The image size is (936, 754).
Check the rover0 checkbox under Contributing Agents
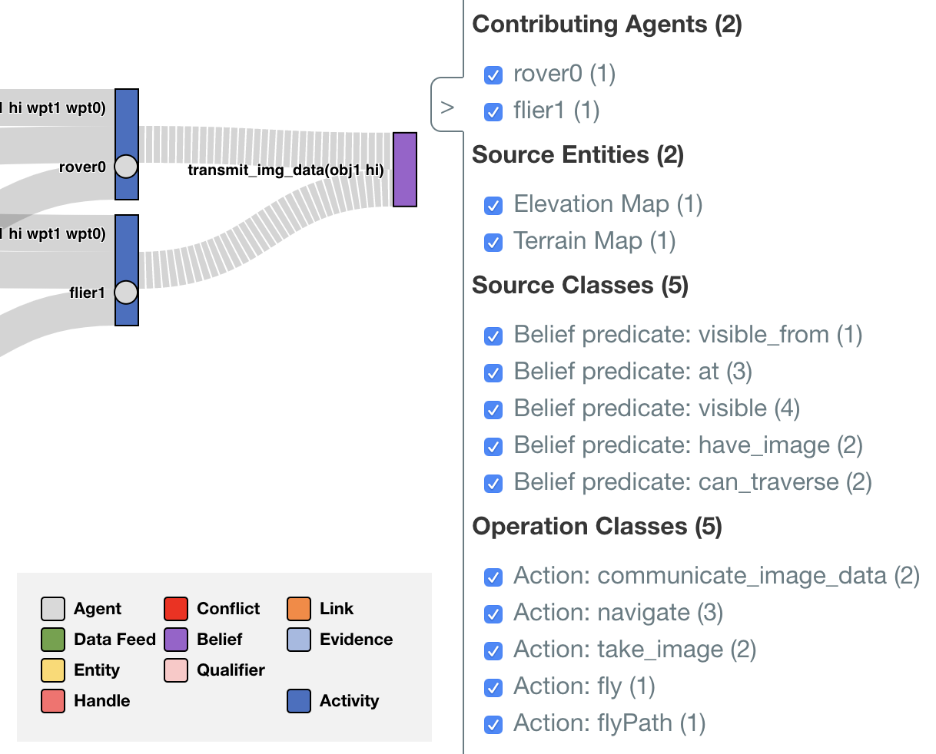(493, 75)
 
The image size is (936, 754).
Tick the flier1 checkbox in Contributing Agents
(493, 112)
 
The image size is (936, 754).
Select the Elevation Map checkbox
(493, 206)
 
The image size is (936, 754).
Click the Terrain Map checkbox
(493, 243)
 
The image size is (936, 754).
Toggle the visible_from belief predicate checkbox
(493, 336)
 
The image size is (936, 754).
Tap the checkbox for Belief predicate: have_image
(493, 447)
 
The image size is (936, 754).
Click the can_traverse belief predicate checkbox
(493, 484)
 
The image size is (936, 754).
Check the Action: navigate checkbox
(493, 614)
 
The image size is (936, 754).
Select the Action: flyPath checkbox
(493, 725)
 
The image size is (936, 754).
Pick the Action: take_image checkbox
(493, 651)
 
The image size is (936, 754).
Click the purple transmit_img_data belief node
(405, 170)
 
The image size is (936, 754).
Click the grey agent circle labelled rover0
(126, 166)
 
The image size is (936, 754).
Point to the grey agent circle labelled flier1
(126, 292)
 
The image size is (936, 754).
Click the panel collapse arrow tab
(447, 107)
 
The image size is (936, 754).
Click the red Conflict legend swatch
(176, 609)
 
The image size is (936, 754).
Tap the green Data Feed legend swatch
(53, 640)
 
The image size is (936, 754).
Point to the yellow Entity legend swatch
(53, 670)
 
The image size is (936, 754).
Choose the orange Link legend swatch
(299, 609)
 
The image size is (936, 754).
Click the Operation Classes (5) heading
(597, 527)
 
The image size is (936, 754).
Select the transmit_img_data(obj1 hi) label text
(286, 170)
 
